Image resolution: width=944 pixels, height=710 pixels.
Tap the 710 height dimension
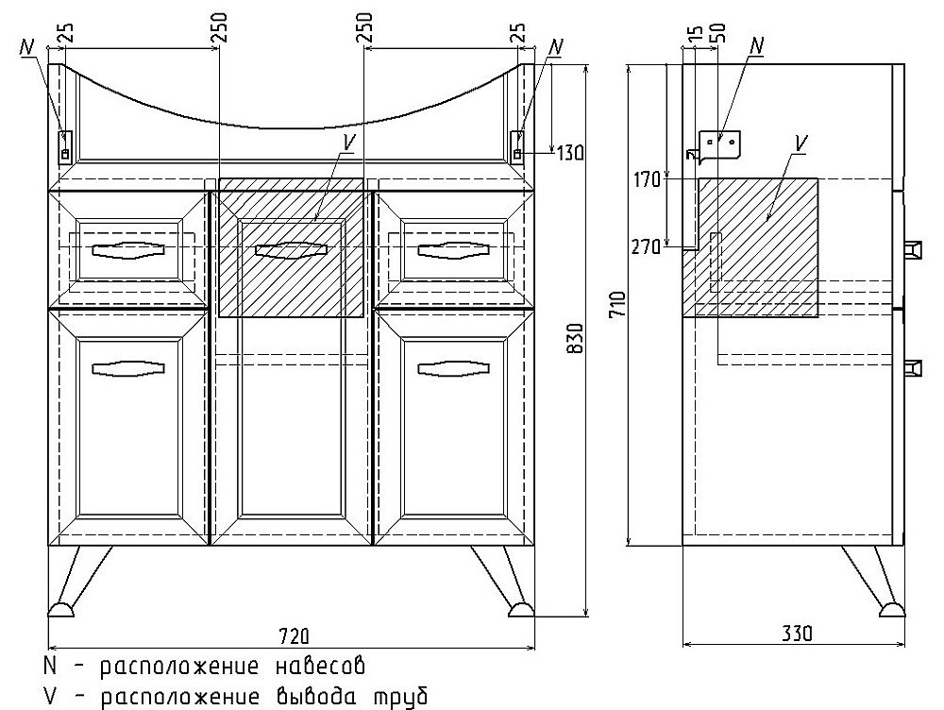618,304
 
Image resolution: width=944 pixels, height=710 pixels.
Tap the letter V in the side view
801,144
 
